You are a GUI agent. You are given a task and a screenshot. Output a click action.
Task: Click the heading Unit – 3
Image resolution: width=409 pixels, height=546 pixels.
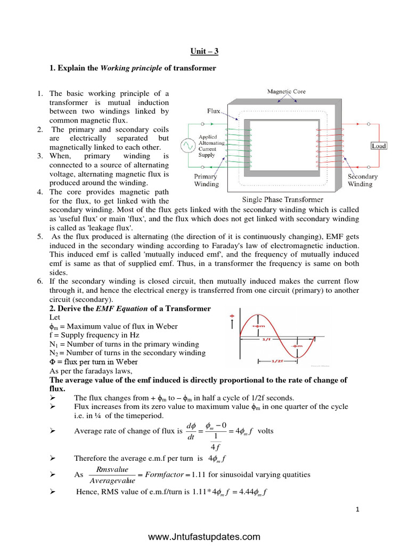[204, 52]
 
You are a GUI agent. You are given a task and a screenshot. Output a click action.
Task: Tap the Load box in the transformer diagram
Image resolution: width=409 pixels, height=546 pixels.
[379, 146]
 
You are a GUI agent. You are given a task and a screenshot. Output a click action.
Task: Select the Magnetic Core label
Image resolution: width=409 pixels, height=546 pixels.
[286, 92]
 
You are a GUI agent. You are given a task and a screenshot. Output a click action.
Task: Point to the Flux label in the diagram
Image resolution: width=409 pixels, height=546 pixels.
[214, 112]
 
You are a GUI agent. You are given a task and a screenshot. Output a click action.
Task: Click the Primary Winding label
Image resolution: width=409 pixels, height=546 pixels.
[206, 180]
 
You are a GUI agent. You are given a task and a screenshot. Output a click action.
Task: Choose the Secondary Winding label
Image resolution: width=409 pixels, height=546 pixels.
[363, 180]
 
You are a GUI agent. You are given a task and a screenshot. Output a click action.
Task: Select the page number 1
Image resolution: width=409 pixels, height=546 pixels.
[358, 510]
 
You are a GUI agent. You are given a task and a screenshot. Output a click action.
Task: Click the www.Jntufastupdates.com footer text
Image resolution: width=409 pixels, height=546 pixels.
[204, 536]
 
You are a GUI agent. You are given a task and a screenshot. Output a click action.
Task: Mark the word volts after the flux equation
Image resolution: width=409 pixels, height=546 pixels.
[265, 431]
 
